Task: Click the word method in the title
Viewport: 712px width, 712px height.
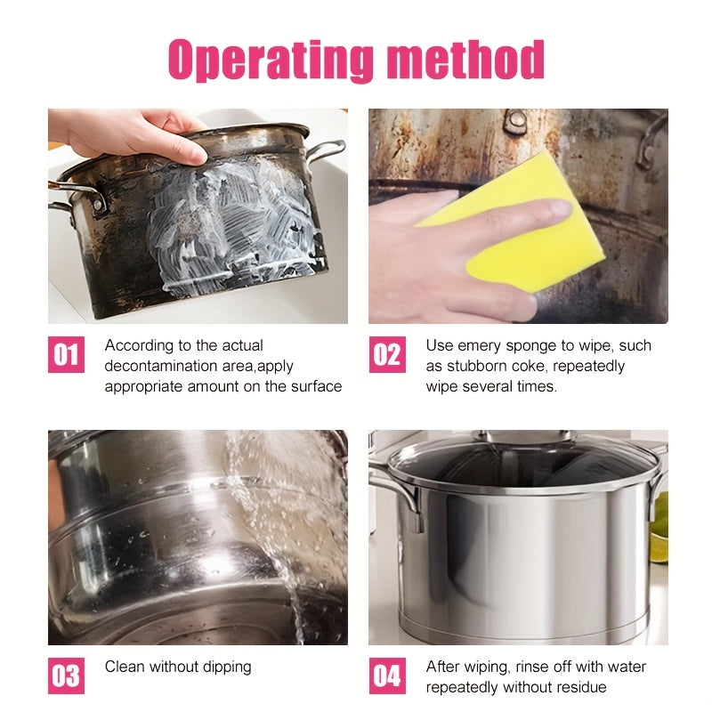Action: pos(465,59)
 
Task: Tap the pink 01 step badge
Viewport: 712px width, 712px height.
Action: pos(66,354)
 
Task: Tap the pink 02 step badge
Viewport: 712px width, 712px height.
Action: pos(387,354)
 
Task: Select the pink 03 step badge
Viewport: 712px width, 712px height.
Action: pos(66,676)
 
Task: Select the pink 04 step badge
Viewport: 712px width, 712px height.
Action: pos(387,676)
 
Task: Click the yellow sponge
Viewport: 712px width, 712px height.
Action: pos(518,222)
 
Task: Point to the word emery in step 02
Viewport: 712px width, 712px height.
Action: pos(480,346)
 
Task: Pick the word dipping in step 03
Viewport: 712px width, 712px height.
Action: pos(227,667)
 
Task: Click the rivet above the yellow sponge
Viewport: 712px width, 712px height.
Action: pos(515,119)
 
